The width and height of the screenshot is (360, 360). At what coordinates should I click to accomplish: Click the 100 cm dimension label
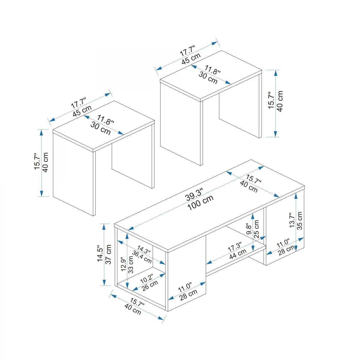(200, 202)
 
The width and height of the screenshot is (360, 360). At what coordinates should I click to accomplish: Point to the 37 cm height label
(109, 254)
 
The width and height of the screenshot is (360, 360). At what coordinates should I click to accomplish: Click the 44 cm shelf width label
(238, 254)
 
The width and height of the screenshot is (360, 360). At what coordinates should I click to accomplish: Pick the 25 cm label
(256, 229)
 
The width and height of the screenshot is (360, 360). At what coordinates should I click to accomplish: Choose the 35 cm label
(299, 220)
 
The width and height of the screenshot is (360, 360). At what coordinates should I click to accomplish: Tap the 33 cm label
(131, 265)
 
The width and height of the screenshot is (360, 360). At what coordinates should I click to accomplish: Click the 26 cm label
(150, 286)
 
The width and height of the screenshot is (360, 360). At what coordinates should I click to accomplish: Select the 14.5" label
(100, 253)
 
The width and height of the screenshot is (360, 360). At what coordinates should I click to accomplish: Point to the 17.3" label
(235, 247)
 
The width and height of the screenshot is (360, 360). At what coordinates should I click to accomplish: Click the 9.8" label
(249, 229)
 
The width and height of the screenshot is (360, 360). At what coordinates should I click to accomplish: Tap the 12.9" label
(124, 264)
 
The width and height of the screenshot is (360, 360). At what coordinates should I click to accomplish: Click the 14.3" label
(144, 250)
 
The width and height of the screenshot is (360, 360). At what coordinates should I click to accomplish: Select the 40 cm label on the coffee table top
(249, 187)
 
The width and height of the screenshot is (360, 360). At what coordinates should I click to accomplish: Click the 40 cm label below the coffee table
(133, 309)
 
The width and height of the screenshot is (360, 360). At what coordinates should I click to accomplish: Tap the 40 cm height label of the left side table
(45, 162)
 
